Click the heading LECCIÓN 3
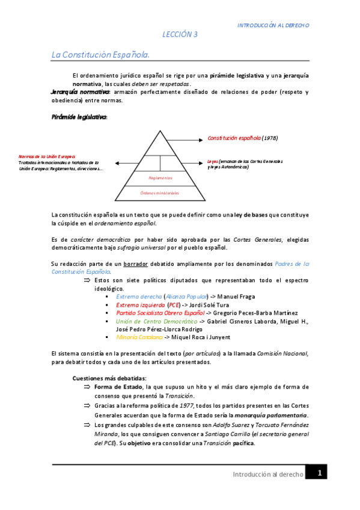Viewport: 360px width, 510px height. [x=180, y=35]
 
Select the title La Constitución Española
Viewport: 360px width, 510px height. [x=100, y=55]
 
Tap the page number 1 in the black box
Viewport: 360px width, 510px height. [x=320, y=473]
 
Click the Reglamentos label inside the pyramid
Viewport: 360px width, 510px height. [x=160, y=178]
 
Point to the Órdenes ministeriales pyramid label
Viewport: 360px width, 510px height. [x=160, y=192]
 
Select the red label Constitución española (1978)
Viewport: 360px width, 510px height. [x=242, y=138]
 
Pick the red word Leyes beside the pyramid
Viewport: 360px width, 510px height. [x=213, y=161]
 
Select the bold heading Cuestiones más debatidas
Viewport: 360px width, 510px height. [x=105, y=378]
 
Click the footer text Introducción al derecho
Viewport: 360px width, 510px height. [x=267, y=475]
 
